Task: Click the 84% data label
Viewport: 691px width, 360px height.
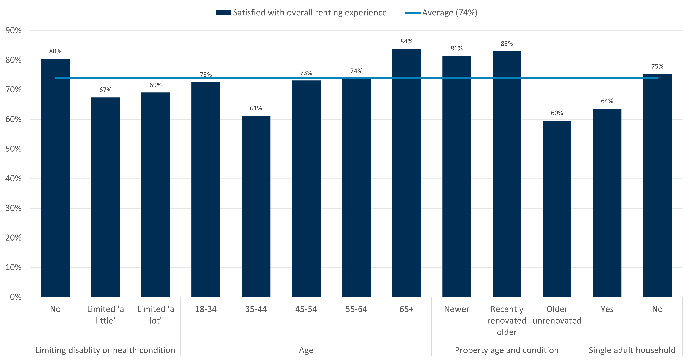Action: (406, 41)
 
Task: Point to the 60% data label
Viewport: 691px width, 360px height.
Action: (557, 113)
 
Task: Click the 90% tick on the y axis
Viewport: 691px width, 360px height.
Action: (13, 30)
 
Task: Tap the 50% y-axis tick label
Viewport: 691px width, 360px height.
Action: (13, 149)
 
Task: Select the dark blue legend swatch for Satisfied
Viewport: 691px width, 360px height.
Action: (224, 13)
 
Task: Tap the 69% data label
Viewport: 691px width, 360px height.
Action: (156, 85)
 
